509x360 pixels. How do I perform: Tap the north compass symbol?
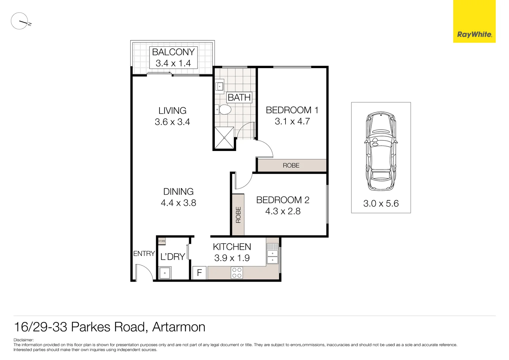20,21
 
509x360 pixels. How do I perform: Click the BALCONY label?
173,52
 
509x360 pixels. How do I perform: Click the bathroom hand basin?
220,86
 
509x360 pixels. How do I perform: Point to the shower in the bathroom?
224,138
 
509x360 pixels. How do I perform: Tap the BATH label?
239,97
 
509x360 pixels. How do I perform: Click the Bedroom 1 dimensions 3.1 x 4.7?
292,121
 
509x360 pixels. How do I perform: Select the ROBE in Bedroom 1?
291,165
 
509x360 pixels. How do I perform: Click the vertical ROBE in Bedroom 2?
238,215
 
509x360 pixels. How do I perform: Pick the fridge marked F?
200,273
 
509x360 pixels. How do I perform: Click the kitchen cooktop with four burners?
237,273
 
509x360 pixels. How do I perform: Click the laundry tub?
165,273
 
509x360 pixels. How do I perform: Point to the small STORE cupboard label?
162,241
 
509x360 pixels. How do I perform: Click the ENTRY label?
144,254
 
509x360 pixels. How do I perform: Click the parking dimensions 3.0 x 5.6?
381,203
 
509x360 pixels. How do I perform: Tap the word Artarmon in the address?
179,327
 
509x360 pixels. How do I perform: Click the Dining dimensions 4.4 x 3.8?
178,203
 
